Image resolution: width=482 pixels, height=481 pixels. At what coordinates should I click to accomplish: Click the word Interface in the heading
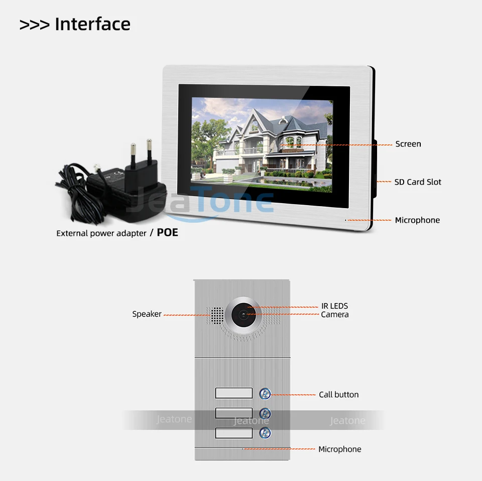(x=92, y=24)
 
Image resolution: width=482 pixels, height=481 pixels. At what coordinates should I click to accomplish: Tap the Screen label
(x=408, y=144)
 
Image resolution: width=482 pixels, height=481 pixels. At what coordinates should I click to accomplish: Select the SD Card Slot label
(x=418, y=182)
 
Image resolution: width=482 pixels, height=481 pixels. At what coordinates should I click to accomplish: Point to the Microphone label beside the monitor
(x=417, y=220)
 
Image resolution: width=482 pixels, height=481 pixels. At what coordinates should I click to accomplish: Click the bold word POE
(x=167, y=233)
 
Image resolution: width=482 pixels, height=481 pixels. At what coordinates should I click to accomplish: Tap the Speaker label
(x=147, y=314)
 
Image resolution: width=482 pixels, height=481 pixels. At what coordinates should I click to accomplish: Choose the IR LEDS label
(x=334, y=306)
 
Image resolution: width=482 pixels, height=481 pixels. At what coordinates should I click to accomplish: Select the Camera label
(x=334, y=314)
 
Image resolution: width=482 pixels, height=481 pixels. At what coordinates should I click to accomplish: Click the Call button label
(x=338, y=395)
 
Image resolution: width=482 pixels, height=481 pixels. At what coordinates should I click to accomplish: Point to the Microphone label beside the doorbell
(x=339, y=449)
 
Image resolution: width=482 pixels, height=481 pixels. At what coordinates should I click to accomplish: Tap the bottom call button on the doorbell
(x=265, y=433)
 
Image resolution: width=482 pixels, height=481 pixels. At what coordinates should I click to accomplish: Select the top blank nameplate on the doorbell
(x=233, y=393)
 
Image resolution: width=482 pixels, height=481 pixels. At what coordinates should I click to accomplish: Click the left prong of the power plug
(x=133, y=150)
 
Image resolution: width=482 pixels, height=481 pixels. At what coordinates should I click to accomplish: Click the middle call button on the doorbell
(x=265, y=413)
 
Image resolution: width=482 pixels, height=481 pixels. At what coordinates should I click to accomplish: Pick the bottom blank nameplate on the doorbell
(x=233, y=433)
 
